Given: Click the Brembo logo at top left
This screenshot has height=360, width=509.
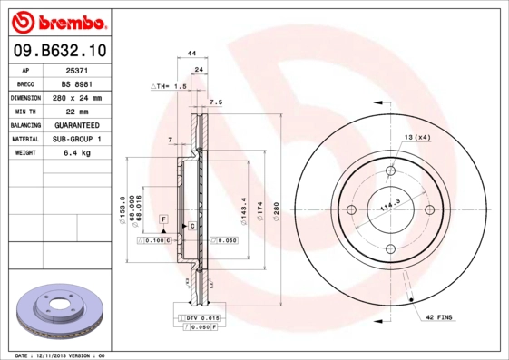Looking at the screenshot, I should tap(57, 21).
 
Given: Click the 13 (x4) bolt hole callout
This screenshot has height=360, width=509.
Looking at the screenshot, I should tap(417, 136).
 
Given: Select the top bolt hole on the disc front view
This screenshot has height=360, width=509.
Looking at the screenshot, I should tap(391, 170).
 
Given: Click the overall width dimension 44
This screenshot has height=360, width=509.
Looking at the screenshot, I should tap(191, 54).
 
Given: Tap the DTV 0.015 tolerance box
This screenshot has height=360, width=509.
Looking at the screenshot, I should tap(202, 318).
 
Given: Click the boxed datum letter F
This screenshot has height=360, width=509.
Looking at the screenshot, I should tap(164, 219).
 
